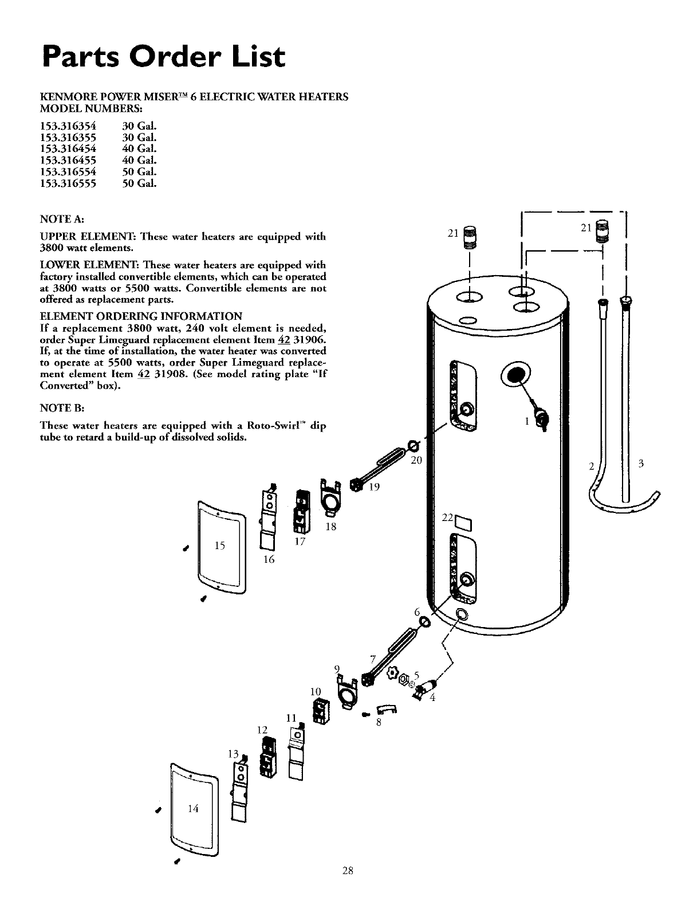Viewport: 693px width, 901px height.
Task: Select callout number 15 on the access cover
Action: pyautogui.click(x=219, y=546)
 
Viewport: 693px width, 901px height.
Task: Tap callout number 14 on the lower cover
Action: pyautogui.click(x=192, y=809)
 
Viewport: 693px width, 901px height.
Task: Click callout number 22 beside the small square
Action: pyautogui.click(x=447, y=518)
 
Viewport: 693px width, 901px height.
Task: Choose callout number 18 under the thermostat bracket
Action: pyautogui.click(x=330, y=527)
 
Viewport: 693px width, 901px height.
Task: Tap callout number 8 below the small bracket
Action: pyautogui.click(x=379, y=722)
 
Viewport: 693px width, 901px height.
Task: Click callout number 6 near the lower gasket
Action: pyautogui.click(x=418, y=611)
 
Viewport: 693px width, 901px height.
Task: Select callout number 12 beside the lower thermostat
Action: pyautogui.click(x=262, y=730)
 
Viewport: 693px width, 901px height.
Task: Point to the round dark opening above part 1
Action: pyautogui.click(x=517, y=375)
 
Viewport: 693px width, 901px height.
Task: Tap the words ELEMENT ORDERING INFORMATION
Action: pyautogui.click(x=141, y=316)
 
